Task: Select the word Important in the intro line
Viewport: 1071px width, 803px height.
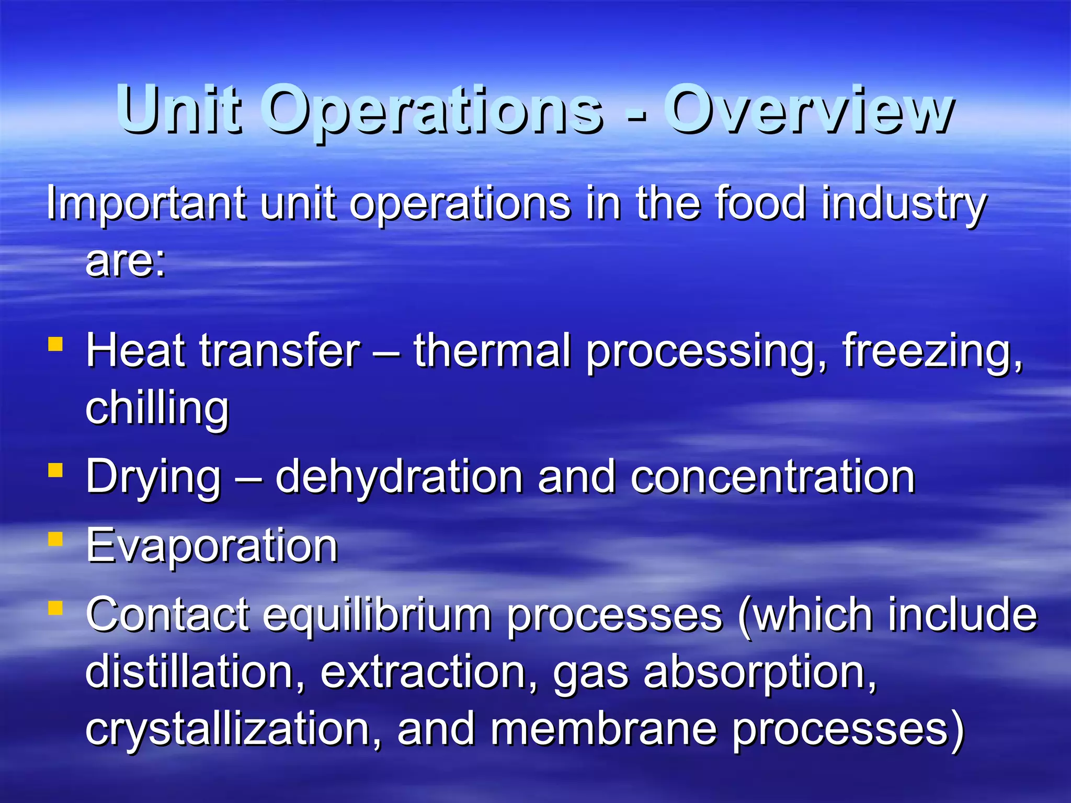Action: pos(146,204)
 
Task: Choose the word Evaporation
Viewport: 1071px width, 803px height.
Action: pos(212,546)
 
